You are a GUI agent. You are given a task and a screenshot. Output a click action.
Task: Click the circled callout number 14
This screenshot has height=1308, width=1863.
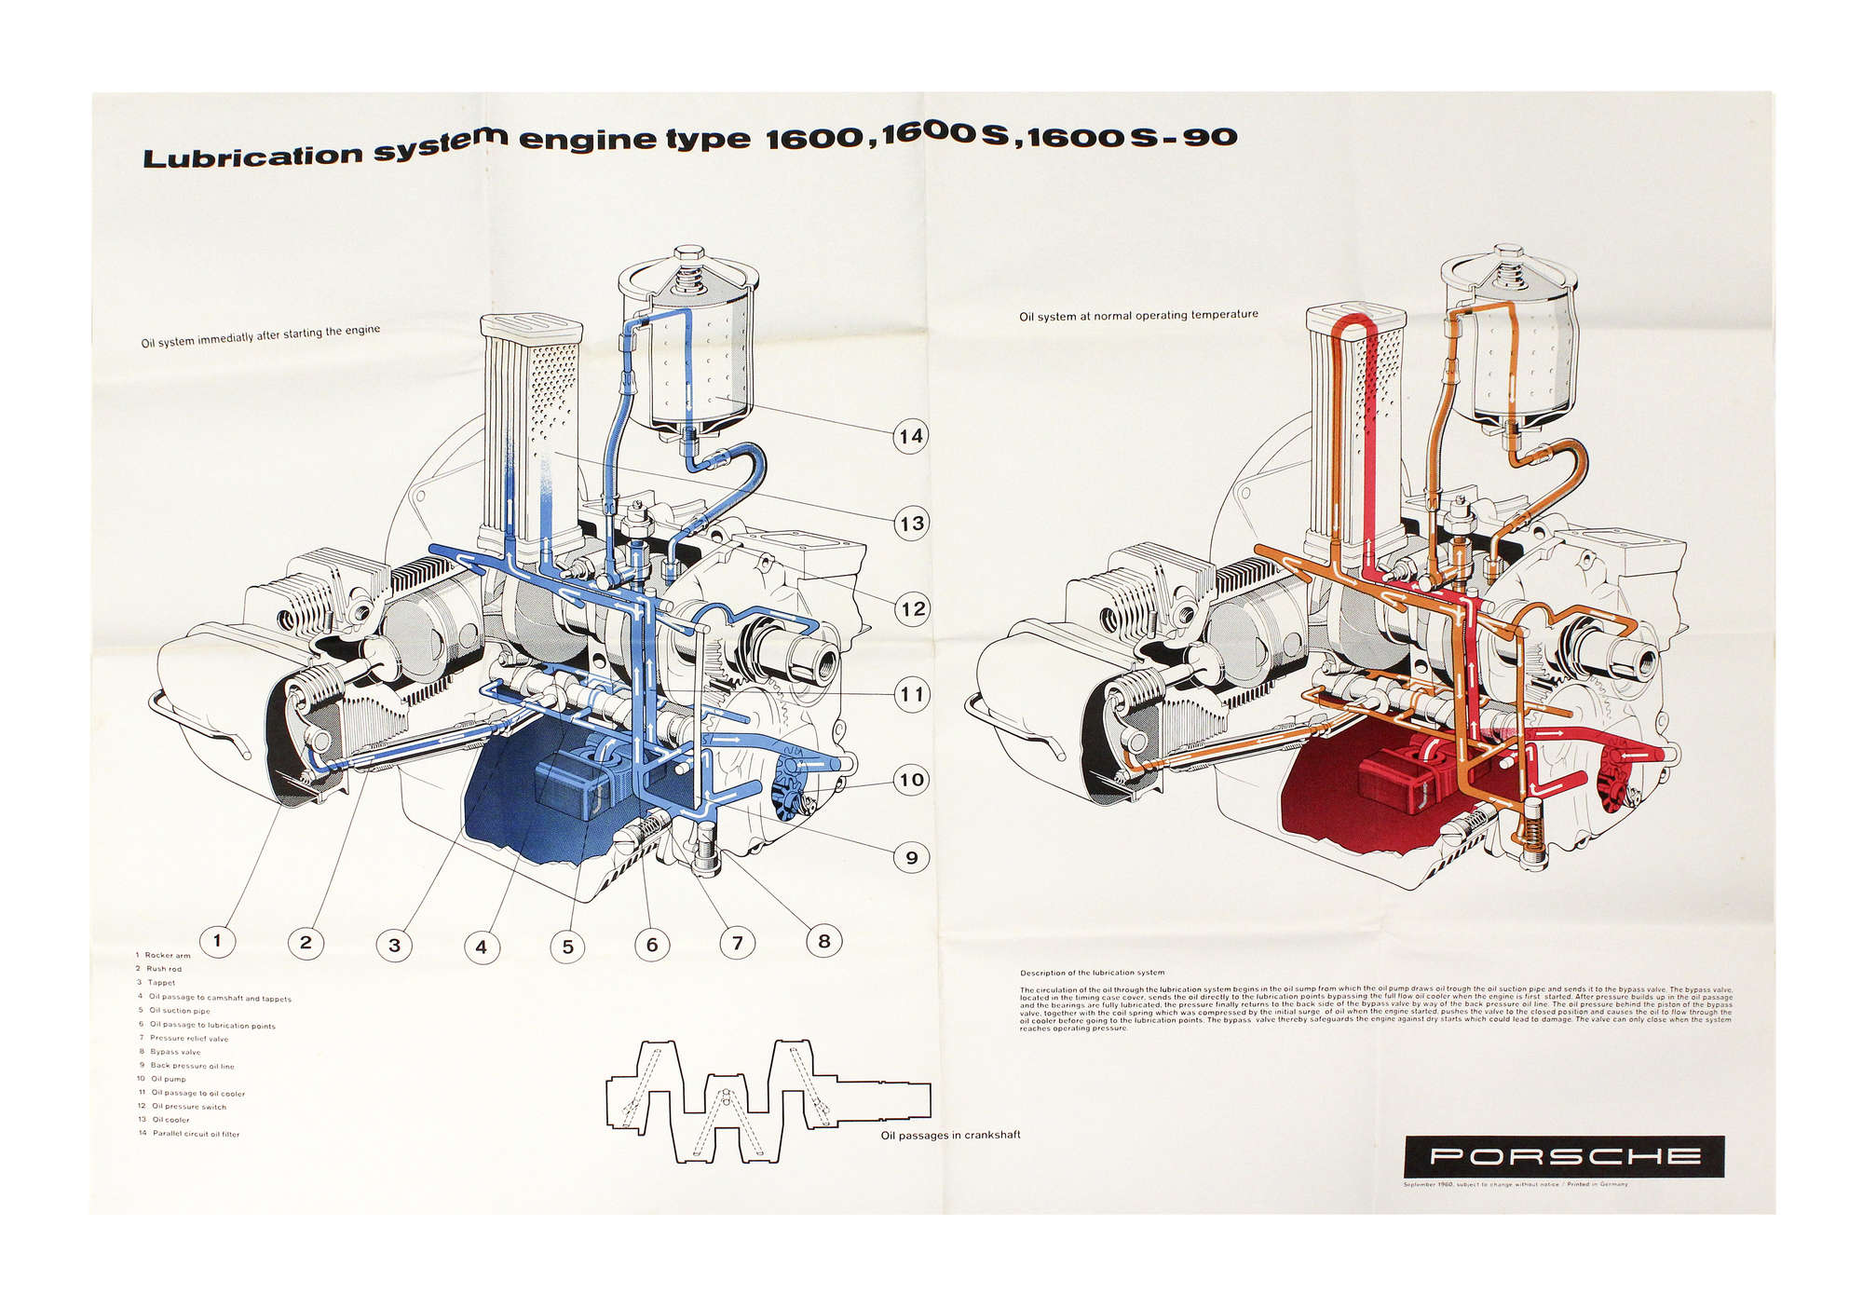click(910, 436)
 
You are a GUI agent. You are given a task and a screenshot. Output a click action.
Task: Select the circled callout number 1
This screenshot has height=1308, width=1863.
click(217, 940)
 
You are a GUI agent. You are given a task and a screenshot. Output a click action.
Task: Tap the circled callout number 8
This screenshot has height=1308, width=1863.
click(823, 941)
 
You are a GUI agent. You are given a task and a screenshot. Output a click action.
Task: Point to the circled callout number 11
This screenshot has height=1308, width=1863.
click(911, 694)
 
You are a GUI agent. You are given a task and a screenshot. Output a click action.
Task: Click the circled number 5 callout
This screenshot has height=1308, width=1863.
click(567, 947)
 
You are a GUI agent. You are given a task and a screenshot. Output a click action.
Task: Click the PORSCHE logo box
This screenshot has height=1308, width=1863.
click(1564, 1156)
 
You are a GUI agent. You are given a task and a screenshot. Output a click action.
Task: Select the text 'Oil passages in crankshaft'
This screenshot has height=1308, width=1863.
click(950, 1135)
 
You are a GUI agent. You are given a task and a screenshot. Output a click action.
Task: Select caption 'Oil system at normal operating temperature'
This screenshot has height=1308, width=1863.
click(1138, 316)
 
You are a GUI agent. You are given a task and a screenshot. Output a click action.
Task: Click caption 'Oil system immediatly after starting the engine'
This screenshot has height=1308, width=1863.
click(260, 336)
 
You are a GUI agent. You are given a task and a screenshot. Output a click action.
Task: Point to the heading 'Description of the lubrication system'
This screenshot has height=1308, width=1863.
click(1092, 973)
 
